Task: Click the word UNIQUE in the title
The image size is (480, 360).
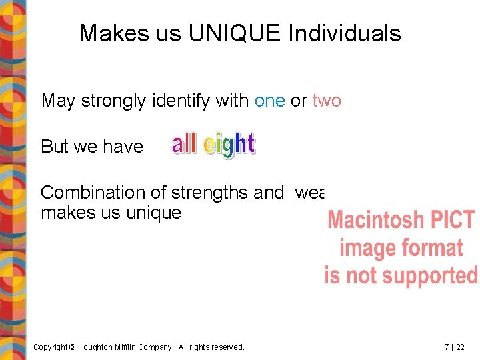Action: [235, 33]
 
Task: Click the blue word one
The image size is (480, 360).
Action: [270, 101]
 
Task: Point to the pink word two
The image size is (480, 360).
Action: [327, 101]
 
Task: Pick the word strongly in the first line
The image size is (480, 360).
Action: [114, 101]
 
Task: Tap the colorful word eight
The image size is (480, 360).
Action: [229, 145]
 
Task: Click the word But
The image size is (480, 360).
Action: [55, 147]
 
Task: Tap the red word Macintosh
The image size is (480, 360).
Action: [376, 220]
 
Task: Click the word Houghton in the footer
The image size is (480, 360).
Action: [97, 347]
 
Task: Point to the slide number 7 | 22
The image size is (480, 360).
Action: [455, 347]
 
